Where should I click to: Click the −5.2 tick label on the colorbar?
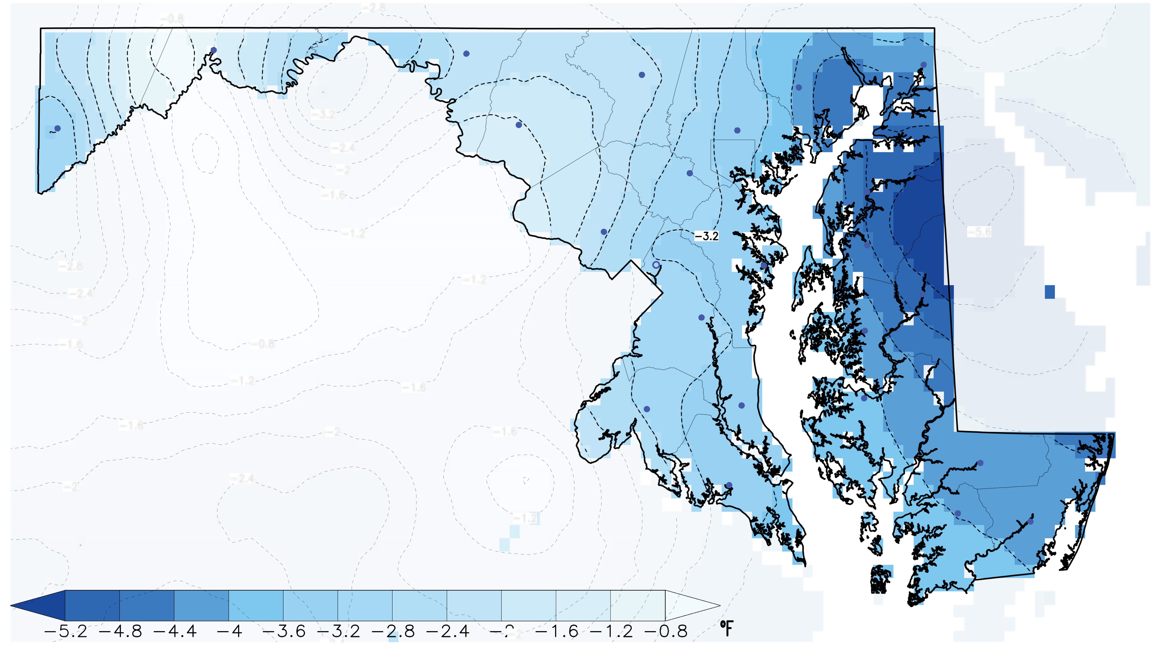[66, 631]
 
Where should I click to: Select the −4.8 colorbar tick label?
[120, 631]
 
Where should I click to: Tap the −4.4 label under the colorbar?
[175, 631]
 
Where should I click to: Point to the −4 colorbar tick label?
[229, 631]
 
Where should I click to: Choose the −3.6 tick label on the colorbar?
[284, 631]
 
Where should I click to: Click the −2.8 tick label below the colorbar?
[393, 631]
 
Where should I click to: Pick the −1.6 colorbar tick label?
[557, 631]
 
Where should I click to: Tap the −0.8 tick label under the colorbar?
[666, 631]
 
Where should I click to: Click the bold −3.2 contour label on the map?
[706, 236]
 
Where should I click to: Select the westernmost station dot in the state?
[57, 128]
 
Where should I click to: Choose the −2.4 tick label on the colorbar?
[448, 631]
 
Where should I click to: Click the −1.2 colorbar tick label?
[611, 631]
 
